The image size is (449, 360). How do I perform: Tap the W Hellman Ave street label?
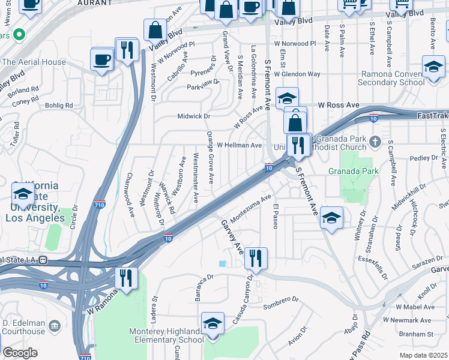[x=239, y=145]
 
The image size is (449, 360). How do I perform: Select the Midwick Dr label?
[x=194, y=116]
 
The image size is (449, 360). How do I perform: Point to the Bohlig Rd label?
[x=61, y=105]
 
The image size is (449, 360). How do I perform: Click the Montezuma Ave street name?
[x=252, y=208]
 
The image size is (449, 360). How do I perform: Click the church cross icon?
[x=375, y=142]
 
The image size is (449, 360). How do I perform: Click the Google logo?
[x=20, y=353]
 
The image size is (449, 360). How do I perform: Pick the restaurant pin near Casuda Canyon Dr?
[x=256, y=259]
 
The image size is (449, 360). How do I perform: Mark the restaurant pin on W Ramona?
[x=126, y=278]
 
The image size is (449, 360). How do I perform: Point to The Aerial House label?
[x=34, y=62]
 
